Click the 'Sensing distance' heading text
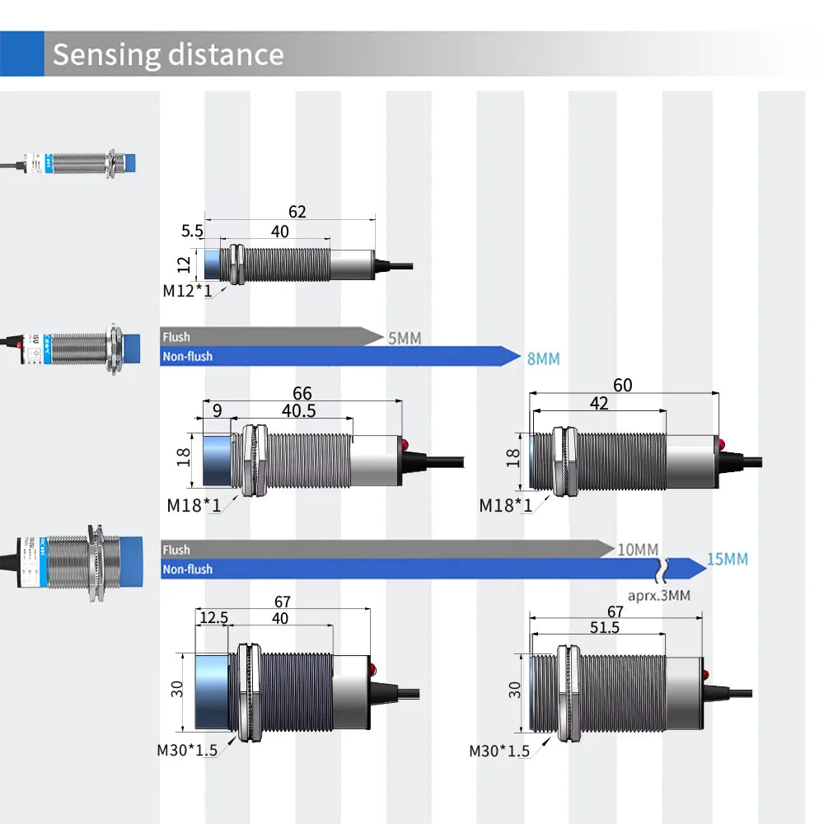pos(168,54)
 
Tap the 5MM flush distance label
pos(405,337)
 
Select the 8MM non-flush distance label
pos(543,358)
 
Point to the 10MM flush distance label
pos(639,550)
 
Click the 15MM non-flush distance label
pos(728,559)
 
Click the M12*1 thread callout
pos(187,291)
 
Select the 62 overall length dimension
pos(297,212)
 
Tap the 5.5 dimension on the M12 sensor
pos(192,232)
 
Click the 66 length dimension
pos(302,394)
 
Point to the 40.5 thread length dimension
pos(298,410)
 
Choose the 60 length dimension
pos(623,386)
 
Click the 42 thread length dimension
pos(599,403)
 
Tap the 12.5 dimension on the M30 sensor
pos(213,618)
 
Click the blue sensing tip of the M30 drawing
pos(213,691)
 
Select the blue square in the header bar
pos(21,54)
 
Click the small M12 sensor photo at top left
pos(79,162)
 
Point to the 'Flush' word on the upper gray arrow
pos(176,337)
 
